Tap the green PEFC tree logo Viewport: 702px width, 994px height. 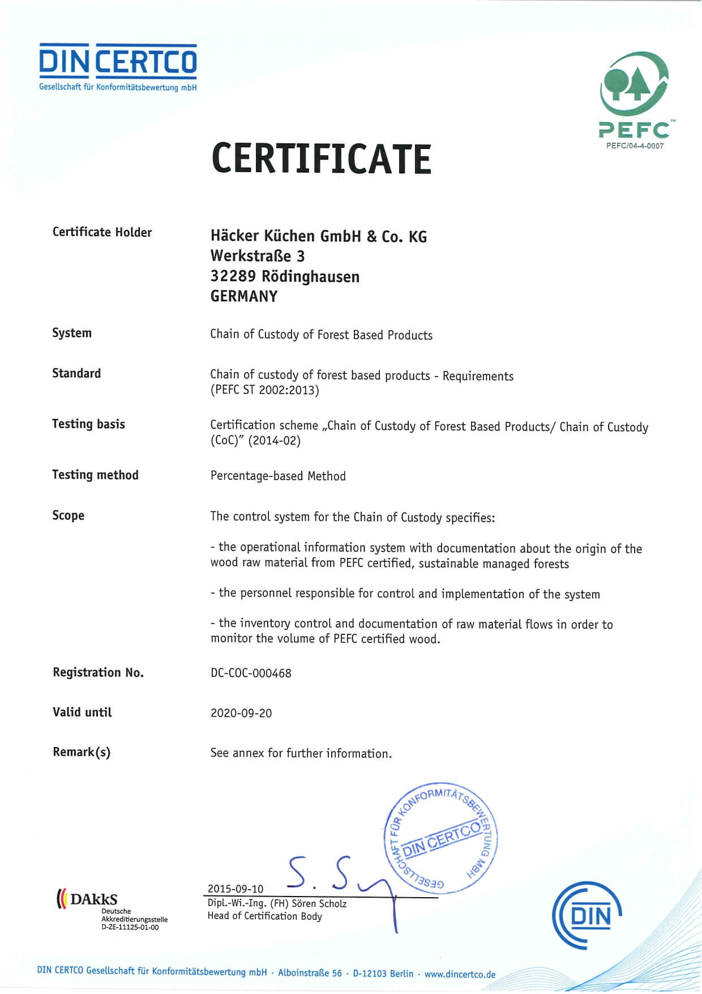635,85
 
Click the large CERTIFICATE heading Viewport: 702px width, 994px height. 321,159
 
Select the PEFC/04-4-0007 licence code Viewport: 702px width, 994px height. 635,146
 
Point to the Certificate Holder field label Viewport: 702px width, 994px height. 102,232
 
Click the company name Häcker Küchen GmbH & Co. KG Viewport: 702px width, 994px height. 318,236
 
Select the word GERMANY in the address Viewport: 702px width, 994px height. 244,296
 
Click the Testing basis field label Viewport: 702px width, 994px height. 88,424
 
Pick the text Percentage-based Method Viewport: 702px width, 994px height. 278,476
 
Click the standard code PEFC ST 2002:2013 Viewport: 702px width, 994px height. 264,390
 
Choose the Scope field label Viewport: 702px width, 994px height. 68,515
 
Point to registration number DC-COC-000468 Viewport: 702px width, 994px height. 251,673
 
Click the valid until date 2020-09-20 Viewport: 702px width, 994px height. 241,713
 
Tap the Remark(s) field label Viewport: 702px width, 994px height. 82,752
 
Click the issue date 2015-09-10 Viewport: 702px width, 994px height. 236,889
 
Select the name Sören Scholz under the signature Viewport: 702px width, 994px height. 319,903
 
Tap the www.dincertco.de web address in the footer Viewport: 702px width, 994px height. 460,974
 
